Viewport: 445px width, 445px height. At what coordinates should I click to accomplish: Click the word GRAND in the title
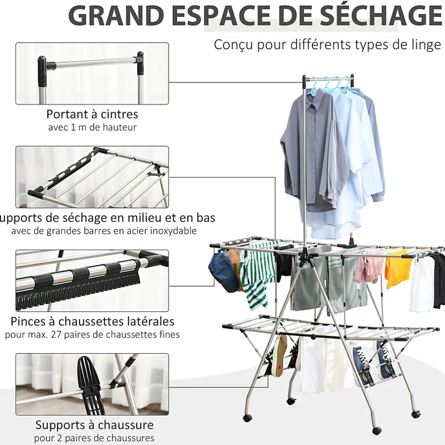(x=116, y=15)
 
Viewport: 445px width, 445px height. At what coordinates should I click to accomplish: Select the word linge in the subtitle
(x=424, y=45)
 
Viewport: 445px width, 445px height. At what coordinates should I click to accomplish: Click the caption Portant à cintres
(x=92, y=114)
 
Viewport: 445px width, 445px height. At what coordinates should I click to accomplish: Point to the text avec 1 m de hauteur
(x=92, y=127)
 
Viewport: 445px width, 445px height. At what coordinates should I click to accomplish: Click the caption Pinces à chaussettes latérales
(x=92, y=321)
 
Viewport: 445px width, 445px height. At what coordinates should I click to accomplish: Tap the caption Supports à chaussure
(x=94, y=425)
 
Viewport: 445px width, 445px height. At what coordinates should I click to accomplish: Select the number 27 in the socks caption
(x=57, y=335)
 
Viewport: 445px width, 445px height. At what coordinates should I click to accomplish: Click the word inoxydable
(x=173, y=231)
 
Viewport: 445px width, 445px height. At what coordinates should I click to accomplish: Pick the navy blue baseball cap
(x=223, y=271)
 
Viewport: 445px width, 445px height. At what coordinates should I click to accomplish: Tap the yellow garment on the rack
(x=398, y=268)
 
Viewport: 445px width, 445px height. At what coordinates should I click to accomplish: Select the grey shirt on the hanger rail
(x=313, y=151)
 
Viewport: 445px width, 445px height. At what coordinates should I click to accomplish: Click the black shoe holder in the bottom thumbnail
(x=91, y=384)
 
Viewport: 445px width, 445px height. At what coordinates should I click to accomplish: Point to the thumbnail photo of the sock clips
(x=92, y=281)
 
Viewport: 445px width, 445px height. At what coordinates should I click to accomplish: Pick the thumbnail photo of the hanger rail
(x=92, y=73)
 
